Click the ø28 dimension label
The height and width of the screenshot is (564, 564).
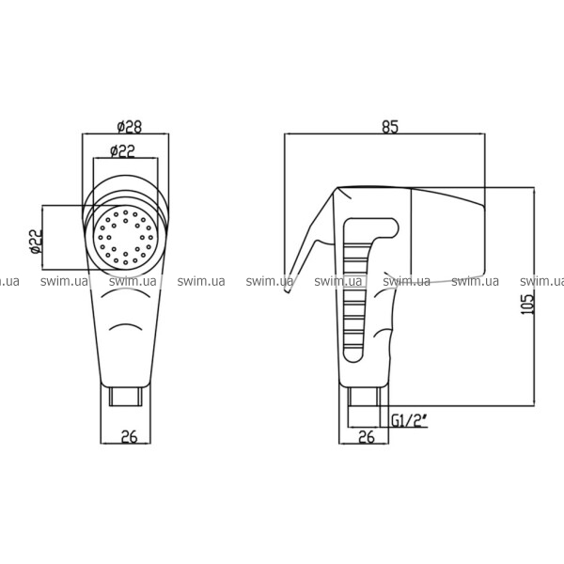point(130,127)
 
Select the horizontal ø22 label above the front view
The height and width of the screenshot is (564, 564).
point(122,151)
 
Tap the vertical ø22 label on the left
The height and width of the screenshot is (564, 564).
point(36,242)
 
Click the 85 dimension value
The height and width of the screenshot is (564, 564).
point(390,127)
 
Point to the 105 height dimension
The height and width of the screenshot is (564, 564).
point(527,305)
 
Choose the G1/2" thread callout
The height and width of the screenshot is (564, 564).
point(409,420)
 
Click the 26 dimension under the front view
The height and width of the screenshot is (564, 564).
point(130,437)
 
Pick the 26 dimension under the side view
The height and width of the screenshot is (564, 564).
point(367,437)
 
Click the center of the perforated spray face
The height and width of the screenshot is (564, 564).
point(126,238)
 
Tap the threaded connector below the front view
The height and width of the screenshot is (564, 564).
point(126,397)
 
